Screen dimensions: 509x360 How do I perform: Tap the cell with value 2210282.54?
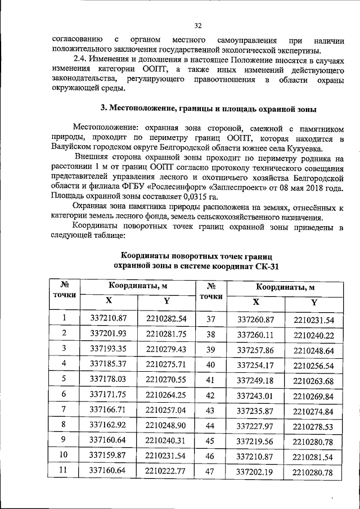point(166,318)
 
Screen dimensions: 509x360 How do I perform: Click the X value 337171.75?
point(109,394)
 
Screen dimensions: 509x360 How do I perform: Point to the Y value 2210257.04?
point(166,409)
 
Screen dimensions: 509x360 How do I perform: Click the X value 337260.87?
point(255,319)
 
